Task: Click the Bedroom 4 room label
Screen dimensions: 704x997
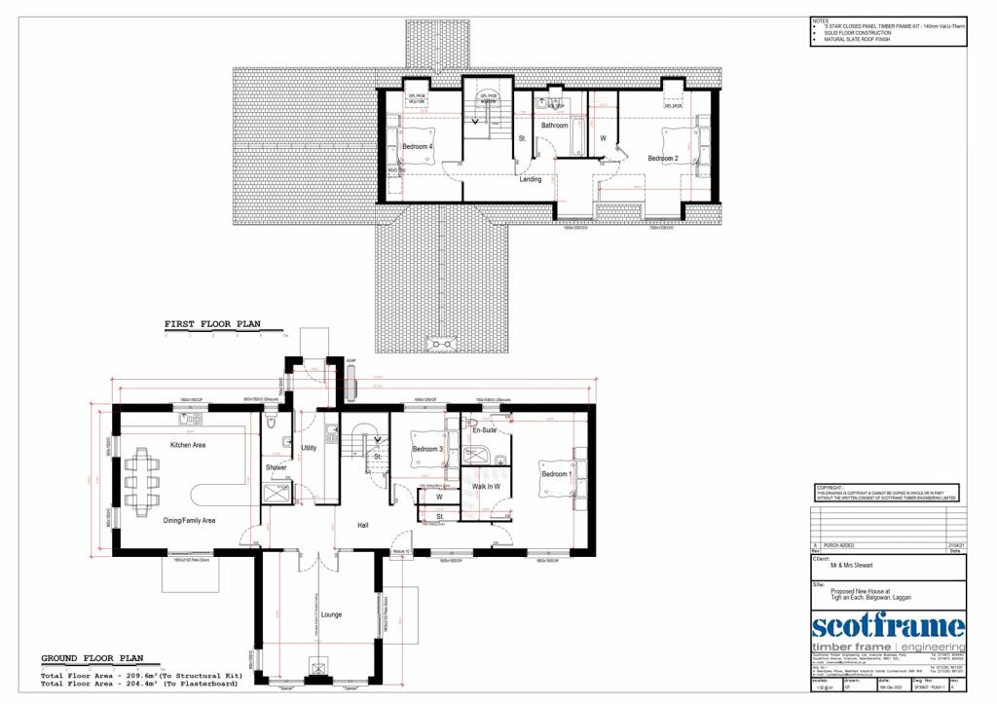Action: coord(417,147)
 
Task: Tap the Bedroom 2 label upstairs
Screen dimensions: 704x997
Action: coord(663,158)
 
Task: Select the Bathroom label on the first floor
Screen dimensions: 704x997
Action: coord(555,126)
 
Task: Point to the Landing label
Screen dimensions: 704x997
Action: coord(531,179)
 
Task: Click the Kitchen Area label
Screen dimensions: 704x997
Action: coord(188,445)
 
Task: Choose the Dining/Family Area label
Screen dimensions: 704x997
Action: coord(189,521)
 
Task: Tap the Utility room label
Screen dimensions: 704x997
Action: coord(310,449)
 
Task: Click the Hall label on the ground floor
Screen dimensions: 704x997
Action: coord(362,526)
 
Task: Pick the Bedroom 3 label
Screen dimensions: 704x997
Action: coord(426,449)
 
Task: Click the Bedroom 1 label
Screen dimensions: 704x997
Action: coord(556,474)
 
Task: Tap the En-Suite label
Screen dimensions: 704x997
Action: coord(484,429)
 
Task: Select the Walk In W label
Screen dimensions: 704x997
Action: coord(486,486)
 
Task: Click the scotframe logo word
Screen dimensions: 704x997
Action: coord(888,625)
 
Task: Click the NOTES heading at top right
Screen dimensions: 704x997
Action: coord(821,19)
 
